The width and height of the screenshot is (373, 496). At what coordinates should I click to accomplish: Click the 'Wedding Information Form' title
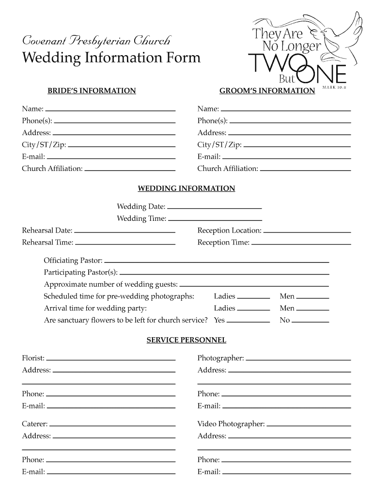[111, 58]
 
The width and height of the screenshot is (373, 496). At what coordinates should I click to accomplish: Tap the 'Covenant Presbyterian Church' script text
[96, 40]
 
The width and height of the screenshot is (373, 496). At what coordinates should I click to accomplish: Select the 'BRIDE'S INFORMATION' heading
[91, 91]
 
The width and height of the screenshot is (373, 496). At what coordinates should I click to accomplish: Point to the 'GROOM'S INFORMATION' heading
[267, 91]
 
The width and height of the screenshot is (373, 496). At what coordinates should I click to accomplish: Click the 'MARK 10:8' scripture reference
[335, 88]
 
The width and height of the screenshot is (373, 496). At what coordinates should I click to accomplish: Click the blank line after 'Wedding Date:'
[214, 207]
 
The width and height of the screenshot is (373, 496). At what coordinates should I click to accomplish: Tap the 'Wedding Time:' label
[141, 218]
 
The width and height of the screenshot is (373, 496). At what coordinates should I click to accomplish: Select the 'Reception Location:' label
[229, 231]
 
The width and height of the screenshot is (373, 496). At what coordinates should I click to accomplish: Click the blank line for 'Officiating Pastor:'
[217, 261]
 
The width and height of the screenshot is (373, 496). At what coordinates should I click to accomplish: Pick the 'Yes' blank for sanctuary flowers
[248, 320]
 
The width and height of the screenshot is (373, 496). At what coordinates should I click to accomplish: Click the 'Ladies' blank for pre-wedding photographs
[253, 296]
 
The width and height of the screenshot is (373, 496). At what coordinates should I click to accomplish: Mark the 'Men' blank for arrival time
[312, 309]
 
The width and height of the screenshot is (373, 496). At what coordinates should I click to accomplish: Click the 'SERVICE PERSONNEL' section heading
[186, 341]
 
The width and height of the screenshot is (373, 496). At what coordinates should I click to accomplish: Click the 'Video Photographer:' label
[231, 424]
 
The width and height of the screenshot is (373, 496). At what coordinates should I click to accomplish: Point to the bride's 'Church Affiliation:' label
[52, 169]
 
